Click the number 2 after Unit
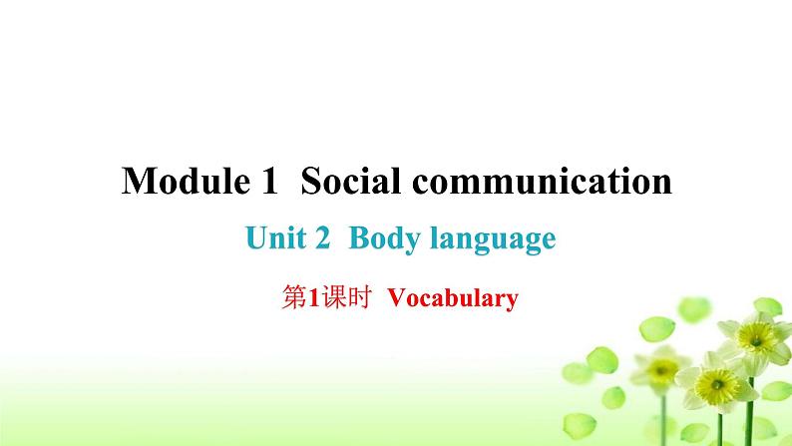point(324,239)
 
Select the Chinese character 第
point(285,297)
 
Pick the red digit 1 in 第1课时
point(302,297)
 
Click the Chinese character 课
point(319,297)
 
